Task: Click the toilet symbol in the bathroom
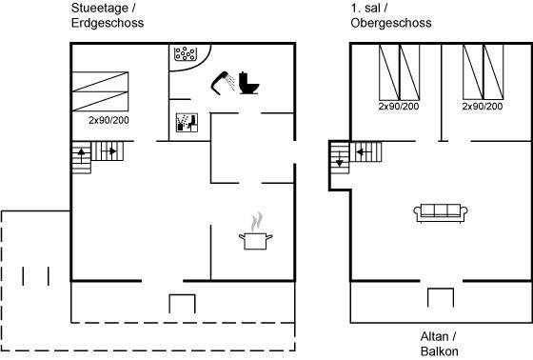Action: (x=248, y=83)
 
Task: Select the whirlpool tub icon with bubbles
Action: (x=185, y=53)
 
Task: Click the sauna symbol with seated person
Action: (x=187, y=123)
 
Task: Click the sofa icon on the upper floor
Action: (x=441, y=213)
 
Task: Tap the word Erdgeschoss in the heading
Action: (x=108, y=23)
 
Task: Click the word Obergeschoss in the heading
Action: (x=391, y=23)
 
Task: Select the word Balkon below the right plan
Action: (x=439, y=351)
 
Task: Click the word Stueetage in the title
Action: (x=100, y=8)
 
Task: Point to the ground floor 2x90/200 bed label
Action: (x=109, y=120)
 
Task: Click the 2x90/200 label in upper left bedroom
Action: (x=399, y=106)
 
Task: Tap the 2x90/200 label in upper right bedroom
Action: (x=483, y=106)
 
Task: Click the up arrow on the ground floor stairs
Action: (x=82, y=155)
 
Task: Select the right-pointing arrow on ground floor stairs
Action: (x=109, y=150)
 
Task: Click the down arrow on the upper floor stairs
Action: (x=339, y=159)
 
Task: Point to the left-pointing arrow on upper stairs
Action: (x=364, y=151)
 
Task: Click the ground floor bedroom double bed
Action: (x=100, y=91)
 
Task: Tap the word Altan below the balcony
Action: (x=434, y=336)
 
